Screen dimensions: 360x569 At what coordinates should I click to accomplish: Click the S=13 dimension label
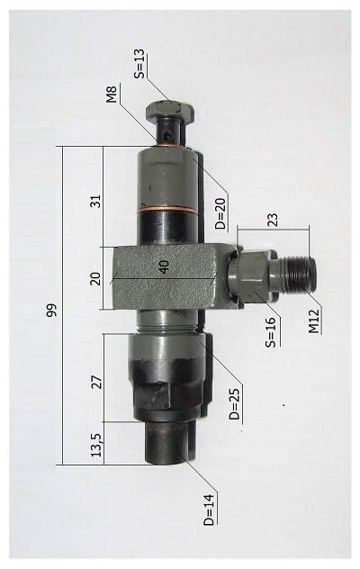[139, 64]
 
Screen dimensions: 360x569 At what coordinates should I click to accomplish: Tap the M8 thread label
[112, 94]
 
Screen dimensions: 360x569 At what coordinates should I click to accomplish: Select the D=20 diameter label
[220, 212]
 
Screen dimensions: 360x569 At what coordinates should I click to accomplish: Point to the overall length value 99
[52, 310]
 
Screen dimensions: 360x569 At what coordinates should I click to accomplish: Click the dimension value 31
[95, 202]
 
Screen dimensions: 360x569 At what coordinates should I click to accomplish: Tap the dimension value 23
[273, 220]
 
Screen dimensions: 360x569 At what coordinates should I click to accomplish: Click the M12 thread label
[313, 321]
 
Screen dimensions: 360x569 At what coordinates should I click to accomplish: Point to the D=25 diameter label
[234, 404]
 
